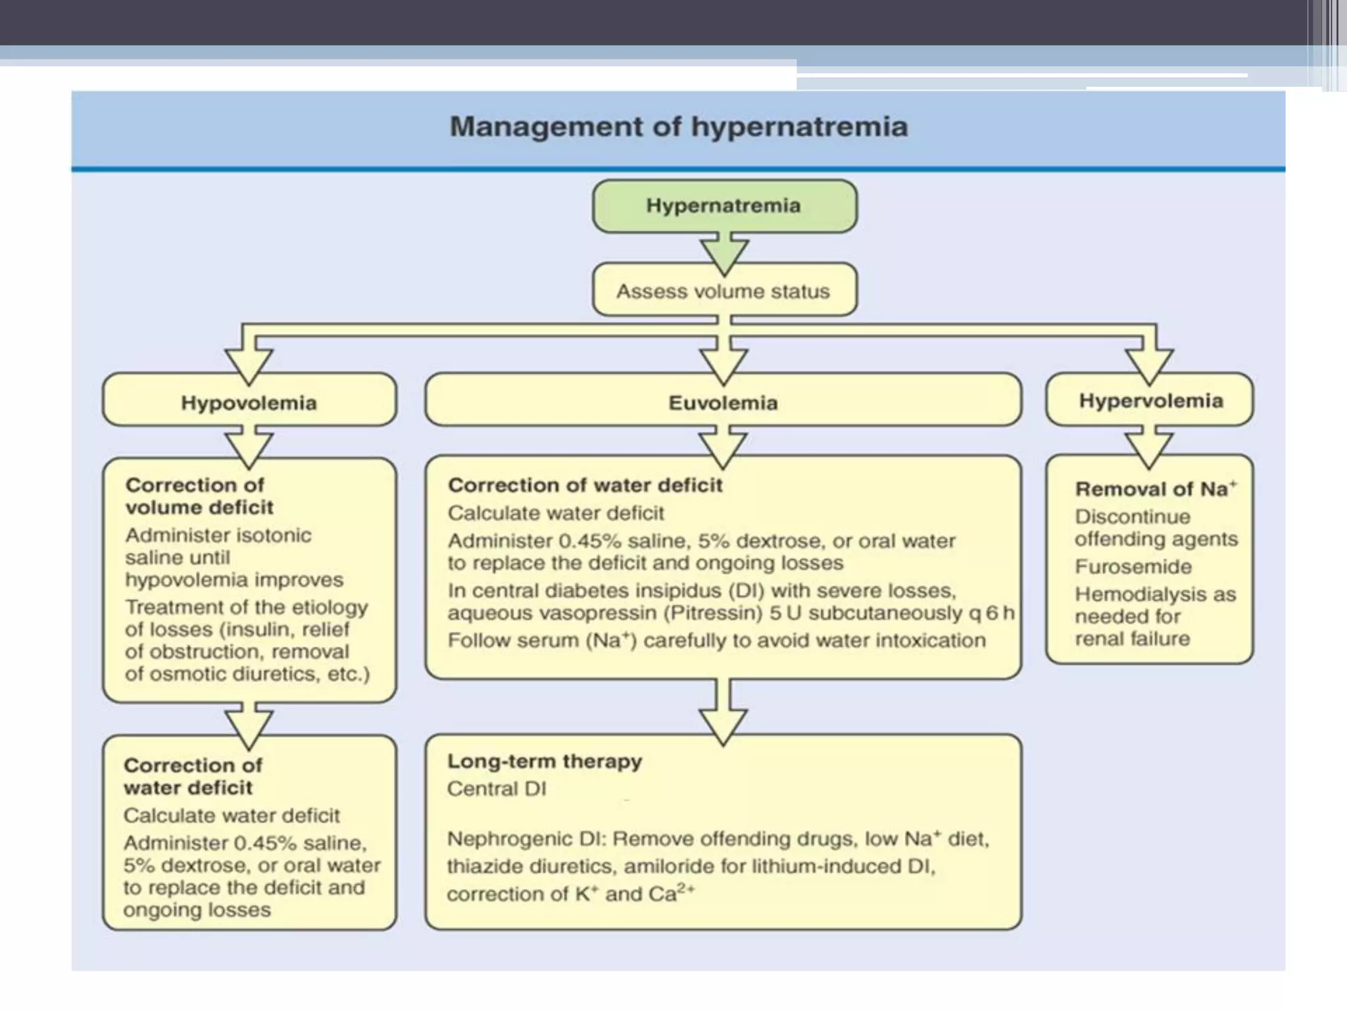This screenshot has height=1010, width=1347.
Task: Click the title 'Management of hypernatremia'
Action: (x=678, y=126)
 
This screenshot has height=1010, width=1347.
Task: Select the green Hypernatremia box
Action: (x=724, y=206)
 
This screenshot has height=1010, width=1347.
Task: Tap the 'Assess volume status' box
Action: (x=724, y=291)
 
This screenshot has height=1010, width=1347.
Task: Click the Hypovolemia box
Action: (x=249, y=402)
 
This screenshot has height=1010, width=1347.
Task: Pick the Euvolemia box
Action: (x=723, y=402)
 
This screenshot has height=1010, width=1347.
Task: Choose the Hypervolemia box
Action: (x=1150, y=400)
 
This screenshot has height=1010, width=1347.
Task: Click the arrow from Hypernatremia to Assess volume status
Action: (x=724, y=253)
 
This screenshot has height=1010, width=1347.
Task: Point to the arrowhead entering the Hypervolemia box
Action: (x=1149, y=365)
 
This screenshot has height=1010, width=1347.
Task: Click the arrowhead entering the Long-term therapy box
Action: (x=723, y=723)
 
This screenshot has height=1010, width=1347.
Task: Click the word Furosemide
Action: (x=1133, y=566)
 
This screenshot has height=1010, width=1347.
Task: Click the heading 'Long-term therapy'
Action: (x=544, y=761)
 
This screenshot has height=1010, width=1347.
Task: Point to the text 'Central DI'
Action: (x=497, y=788)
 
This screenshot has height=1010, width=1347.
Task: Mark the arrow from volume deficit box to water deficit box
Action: (x=249, y=725)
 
